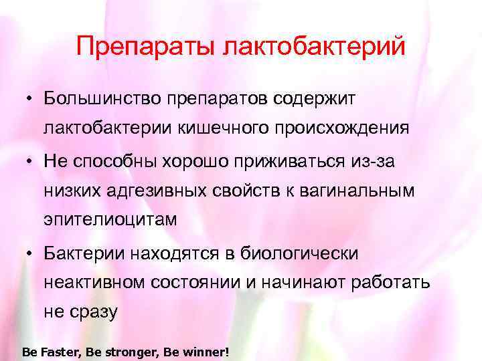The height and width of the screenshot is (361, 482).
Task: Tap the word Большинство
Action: coord(100,98)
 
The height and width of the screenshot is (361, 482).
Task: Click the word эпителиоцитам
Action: coord(110,220)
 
